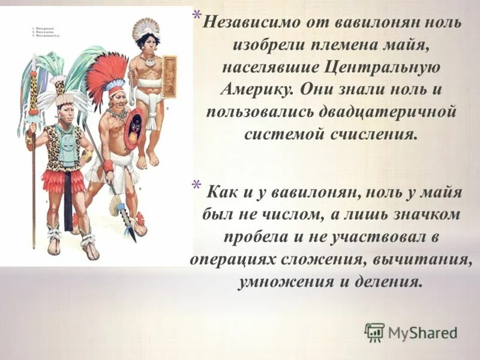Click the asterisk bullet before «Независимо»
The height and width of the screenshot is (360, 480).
197,16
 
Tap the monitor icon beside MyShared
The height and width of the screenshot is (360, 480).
374,332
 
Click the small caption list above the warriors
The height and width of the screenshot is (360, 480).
44,31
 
